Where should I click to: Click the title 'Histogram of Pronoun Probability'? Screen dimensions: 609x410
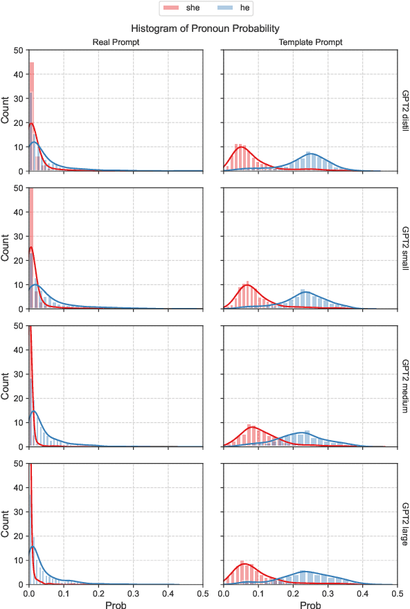(x=206, y=28)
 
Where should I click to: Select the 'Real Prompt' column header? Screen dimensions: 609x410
(x=116, y=43)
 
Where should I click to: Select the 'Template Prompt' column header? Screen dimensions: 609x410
(x=311, y=43)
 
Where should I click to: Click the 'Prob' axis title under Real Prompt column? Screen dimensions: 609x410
(x=116, y=603)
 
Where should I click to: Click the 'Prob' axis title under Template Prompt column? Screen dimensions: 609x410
(x=311, y=603)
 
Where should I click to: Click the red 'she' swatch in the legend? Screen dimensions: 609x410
(x=171, y=8)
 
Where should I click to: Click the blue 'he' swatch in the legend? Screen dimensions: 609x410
(x=220, y=8)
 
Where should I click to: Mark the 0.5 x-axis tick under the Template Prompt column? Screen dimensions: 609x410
(x=398, y=592)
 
